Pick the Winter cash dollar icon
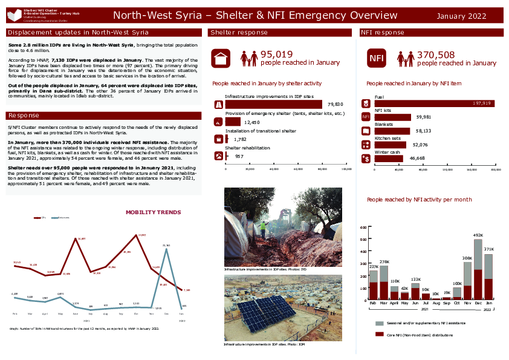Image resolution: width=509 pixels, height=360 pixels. click(x=366, y=159)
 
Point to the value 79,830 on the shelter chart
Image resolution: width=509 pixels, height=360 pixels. click(x=335, y=105)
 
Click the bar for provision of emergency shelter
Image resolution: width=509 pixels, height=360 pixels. click(x=233, y=122)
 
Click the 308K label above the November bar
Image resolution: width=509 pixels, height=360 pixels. click(x=467, y=258)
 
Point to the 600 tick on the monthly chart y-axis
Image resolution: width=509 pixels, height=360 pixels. click(x=364, y=227)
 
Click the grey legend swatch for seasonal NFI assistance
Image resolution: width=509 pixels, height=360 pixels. click(x=379, y=324)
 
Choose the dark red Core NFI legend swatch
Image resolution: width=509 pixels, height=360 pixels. click(x=379, y=334)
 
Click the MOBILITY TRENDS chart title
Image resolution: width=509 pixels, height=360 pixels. click(x=153, y=212)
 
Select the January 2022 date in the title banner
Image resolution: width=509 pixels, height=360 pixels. click(x=461, y=16)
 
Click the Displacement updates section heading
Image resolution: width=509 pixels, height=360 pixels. click(x=78, y=32)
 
